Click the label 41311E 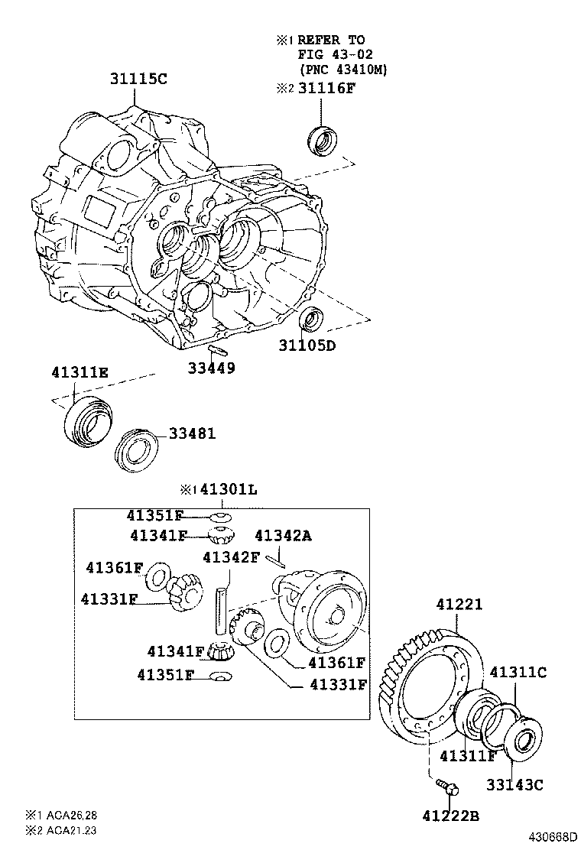(80, 372)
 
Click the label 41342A (283, 536)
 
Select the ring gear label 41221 (459, 604)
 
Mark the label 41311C (518, 673)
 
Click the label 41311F (469, 756)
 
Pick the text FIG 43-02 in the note (332, 54)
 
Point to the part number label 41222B (450, 816)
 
